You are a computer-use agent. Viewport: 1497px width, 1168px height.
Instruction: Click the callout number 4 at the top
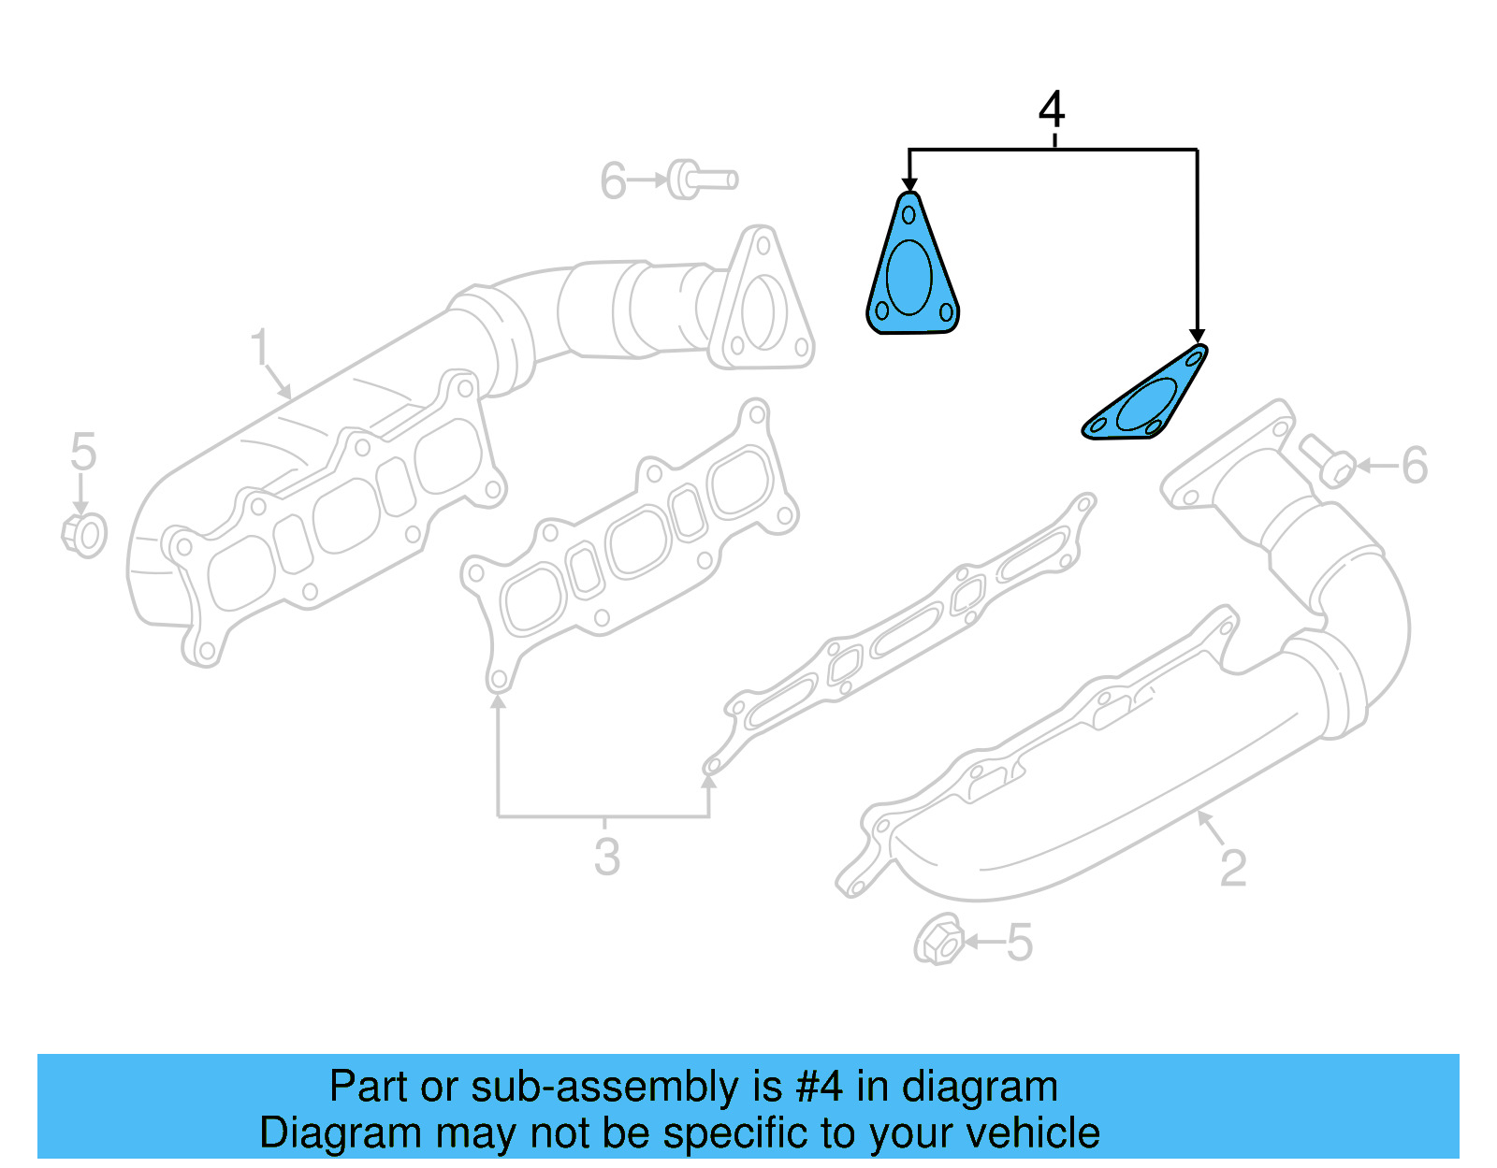coord(1052,110)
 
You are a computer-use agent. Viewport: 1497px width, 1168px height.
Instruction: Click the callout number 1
coord(260,348)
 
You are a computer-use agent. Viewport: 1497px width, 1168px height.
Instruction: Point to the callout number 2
coord(1233,868)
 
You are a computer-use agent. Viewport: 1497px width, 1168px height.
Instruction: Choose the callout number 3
coord(606,857)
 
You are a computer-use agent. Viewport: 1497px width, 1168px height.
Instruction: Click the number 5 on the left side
coord(83,453)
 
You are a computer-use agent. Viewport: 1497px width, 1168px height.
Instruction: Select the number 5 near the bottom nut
coord(1020,943)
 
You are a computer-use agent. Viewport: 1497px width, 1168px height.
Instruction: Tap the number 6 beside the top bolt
coord(613,181)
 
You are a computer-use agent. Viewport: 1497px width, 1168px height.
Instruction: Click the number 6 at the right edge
coord(1414,466)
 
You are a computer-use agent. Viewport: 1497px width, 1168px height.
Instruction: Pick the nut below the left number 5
coord(84,535)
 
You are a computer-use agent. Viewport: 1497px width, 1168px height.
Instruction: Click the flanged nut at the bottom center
coord(938,941)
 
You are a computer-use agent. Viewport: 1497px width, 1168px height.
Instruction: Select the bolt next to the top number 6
coord(702,180)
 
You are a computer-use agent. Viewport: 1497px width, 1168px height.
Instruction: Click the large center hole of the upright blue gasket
coord(908,277)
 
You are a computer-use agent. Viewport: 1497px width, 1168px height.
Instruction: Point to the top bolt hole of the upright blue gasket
coord(908,215)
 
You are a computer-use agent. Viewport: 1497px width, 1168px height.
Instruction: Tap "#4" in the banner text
coord(819,1088)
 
